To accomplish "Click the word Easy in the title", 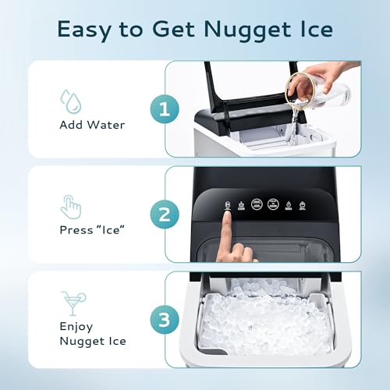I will click(82, 30).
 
